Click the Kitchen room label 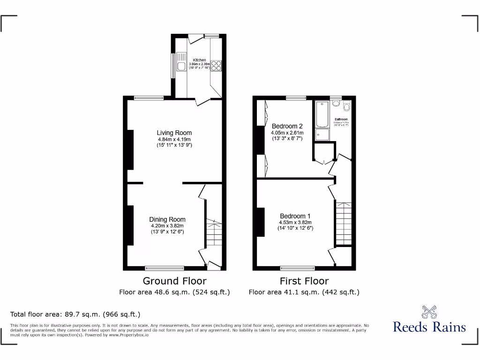pos(199,60)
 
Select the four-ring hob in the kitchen pos(217,66)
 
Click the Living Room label pos(174,133)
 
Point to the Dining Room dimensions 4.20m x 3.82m pos(168,225)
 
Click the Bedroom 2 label pos(287,126)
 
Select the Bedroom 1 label pos(295,216)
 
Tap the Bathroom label pos(341,120)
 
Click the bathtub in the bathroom pos(322,114)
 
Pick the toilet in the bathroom pos(347,105)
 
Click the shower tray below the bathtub pos(322,135)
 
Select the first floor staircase pos(343,224)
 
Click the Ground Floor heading pos(174,281)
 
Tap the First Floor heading pos(304,281)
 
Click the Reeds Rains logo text pos(429,327)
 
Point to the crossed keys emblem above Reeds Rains pos(429,311)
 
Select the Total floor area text pos(75,314)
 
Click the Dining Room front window pos(164,268)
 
